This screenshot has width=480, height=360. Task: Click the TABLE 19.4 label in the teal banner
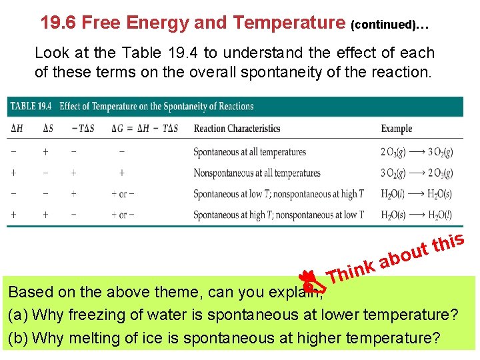[31, 106]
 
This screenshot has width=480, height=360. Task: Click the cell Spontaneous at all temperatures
[249, 152]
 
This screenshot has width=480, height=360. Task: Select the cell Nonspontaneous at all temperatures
[257, 173]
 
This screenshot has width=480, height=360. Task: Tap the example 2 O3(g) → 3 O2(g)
[417, 152]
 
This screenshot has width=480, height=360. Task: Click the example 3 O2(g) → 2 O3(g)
[417, 173]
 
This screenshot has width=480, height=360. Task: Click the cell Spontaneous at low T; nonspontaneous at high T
[278, 194]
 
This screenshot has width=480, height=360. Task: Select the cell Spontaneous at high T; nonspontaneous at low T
[278, 215]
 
